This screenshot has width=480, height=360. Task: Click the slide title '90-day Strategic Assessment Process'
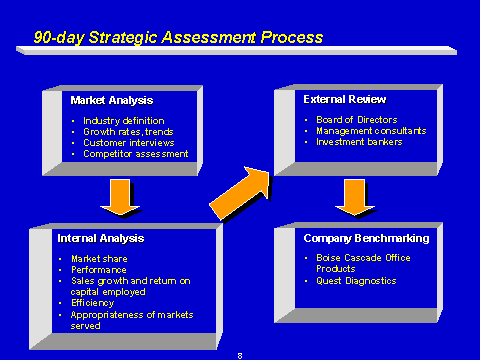click(x=178, y=37)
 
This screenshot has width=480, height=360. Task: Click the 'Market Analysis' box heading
click(x=112, y=100)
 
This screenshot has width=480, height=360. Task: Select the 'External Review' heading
click(x=345, y=99)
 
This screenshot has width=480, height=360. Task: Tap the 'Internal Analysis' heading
click(x=101, y=238)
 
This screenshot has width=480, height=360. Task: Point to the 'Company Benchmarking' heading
click(x=366, y=238)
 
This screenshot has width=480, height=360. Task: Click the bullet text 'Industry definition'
click(x=124, y=121)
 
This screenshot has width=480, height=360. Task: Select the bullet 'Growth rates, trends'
click(x=128, y=132)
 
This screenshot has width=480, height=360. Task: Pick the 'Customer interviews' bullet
click(x=129, y=143)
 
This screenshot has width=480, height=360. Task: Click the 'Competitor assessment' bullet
click(x=136, y=154)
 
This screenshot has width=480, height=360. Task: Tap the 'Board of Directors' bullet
click(x=357, y=120)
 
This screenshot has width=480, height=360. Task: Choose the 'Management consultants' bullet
click(x=371, y=131)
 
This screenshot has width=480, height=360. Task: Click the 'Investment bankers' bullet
click(x=359, y=142)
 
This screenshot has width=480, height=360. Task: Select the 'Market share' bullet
click(x=99, y=259)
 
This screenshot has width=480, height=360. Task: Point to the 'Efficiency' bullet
click(x=93, y=303)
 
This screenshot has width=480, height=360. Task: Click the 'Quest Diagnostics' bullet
click(x=356, y=281)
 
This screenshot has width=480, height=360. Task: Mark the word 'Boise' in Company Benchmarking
click(x=328, y=258)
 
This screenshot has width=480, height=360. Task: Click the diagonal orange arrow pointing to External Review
click(x=241, y=193)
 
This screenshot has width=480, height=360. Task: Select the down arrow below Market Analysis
click(x=120, y=197)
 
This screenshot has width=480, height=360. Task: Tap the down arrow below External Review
click(x=355, y=197)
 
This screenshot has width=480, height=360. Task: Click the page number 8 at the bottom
click(x=240, y=356)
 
